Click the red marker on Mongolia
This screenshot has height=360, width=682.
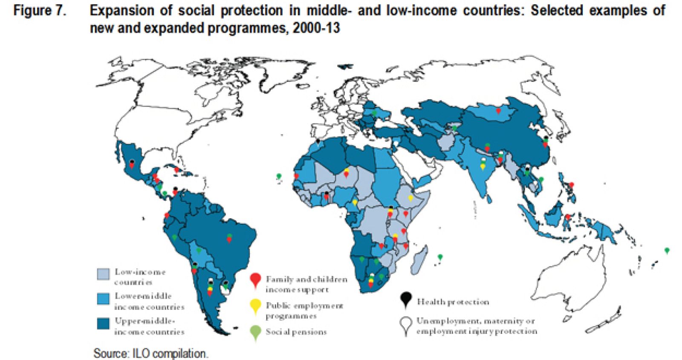click(498, 111)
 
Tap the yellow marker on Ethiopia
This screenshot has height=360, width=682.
click(410, 198)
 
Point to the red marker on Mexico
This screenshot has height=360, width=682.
click(132, 164)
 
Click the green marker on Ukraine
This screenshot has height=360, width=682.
click(374, 113)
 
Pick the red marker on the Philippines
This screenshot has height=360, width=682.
click(571, 185)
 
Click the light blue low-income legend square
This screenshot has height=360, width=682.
click(103, 274)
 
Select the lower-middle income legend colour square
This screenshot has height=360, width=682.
click(103, 299)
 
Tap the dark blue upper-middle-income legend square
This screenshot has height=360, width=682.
click(103, 323)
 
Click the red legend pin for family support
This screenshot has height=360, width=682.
click(255, 280)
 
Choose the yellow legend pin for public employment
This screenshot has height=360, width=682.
click(255, 305)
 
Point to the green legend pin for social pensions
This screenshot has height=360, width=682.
click(255, 332)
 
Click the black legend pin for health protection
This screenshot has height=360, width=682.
click(406, 299)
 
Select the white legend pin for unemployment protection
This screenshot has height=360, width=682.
click(406, 324)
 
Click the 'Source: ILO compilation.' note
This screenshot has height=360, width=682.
click(150, 353)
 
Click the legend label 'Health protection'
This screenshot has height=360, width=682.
click(453, 302)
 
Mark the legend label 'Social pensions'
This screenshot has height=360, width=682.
click(296, 332)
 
